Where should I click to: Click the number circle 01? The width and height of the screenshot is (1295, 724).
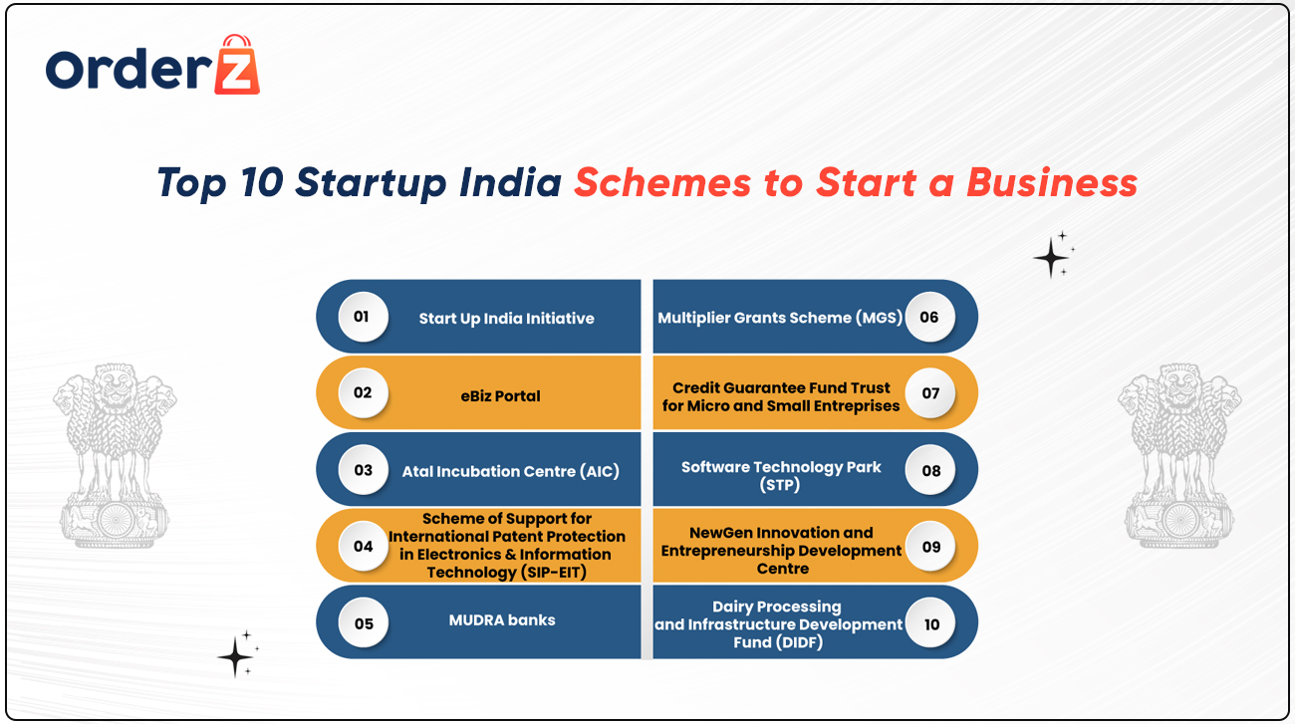point(363,317)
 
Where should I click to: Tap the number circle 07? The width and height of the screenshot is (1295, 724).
point(930,393)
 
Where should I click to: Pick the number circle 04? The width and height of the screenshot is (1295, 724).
point(363,546)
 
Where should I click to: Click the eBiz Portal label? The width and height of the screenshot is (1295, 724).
point(500,396)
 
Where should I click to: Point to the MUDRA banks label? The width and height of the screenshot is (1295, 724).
point(502,620)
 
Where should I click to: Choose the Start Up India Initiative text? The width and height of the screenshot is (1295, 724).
point(506,319)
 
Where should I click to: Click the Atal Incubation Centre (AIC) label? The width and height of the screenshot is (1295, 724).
point(510,471)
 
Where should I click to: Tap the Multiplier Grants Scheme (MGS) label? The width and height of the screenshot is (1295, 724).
point(780,318)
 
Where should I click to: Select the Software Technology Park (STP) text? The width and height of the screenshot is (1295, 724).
point(780,476)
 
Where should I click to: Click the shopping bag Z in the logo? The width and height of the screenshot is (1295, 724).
point(237,64)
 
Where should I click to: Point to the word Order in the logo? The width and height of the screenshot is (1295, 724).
point(129,69)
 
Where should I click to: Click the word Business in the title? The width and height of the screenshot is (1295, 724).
point(1052,182)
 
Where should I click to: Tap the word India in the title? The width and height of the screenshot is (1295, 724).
point(510,182)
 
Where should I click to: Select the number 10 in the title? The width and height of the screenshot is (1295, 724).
point(261,182)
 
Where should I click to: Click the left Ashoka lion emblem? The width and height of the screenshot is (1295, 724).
point(115,456)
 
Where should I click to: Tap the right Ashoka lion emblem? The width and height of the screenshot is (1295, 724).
point(1179,456)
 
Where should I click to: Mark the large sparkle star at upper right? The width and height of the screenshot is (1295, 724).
point(1051,258)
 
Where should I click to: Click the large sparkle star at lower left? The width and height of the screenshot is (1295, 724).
point(235,657)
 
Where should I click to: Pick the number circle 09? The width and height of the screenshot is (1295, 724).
point(930,547)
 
